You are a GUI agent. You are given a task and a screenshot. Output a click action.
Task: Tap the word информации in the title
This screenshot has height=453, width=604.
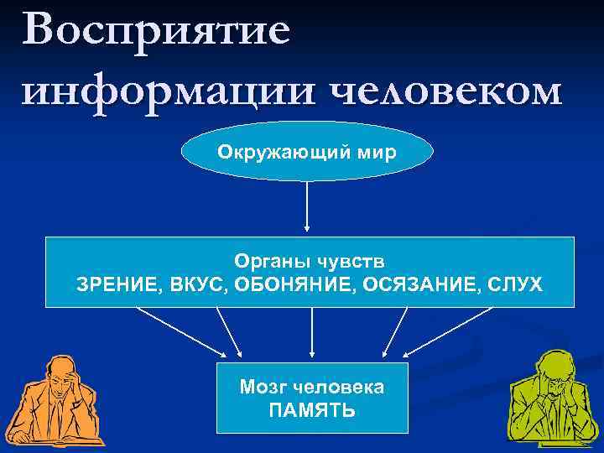pyautogui.click(x=159, y=91)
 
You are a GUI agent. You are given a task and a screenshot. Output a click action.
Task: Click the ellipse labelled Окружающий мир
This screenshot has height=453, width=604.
pyautogui.click(x=308, y=154)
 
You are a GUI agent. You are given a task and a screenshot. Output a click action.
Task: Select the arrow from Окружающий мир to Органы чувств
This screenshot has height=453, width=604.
pyautogui.click(x=308, y=206)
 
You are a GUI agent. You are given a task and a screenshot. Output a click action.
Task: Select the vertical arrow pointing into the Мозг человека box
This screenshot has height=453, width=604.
pyautogui.click(x=312, y=332)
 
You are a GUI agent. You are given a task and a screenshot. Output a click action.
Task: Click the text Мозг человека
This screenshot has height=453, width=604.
pyautogui.click(x=312, y=387)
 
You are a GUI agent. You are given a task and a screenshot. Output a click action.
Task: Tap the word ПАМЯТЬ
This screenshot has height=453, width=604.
pyautogui.click(x=312, y=410)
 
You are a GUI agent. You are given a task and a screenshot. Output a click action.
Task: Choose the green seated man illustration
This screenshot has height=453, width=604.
pyautogui.click(x=549, y=401)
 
